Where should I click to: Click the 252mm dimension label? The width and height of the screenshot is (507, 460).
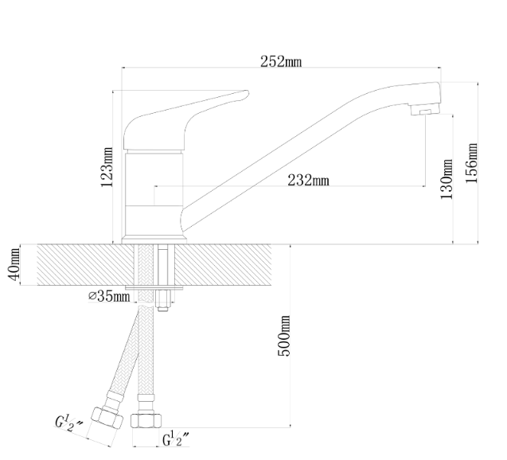(281, 61)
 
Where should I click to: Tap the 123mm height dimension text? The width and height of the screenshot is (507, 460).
(107, 167)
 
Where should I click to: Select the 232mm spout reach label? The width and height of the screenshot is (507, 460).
(308, 180)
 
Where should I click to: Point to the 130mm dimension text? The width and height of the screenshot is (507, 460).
(447, 179)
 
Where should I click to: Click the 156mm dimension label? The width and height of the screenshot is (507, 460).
(471, 163)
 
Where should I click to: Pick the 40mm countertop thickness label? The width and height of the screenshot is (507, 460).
(14, 264)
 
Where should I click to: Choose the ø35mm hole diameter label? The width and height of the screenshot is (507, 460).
(109, 296)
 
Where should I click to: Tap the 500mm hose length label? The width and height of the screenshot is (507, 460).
(284, 336)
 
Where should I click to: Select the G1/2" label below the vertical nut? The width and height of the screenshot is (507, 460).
(176, 439)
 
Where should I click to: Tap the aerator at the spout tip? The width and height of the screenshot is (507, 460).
(426, 109)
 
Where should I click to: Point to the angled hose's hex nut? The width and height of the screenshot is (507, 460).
(107, 418)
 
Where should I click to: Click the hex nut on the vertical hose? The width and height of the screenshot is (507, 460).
(146, 420)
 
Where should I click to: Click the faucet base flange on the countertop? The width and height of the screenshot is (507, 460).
(154, 240)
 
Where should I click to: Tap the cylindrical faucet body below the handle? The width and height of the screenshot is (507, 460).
(154, 194)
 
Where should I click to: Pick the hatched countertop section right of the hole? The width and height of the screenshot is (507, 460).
(223, 265)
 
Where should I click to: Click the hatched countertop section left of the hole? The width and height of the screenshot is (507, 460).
(86, 265)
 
